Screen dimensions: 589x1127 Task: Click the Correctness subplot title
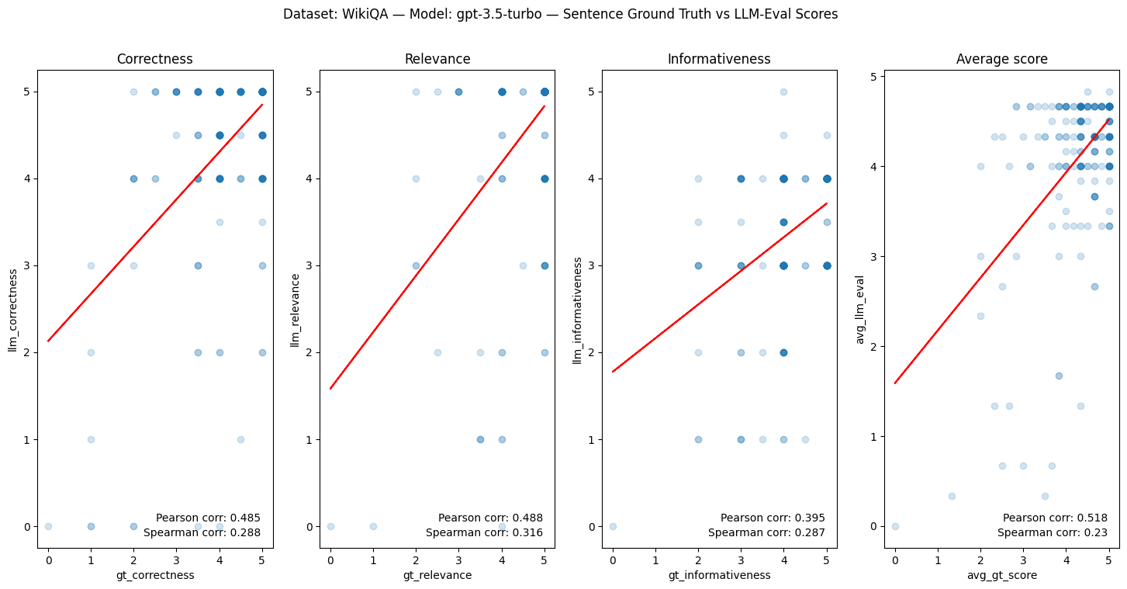(x=154, y=59)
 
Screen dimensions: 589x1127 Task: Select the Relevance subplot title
(x=437, y=59)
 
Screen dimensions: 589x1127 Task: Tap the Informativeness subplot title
(x=719, y=59)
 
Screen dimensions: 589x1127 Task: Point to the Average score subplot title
(x=1001, y=59)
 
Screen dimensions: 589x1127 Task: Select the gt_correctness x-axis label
(x=154, y=575)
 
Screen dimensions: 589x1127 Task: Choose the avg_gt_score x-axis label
(x=1001, y=575)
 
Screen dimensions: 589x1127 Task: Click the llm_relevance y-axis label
(x=295, y=309)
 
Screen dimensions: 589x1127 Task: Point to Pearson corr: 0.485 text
(x=208, y=518)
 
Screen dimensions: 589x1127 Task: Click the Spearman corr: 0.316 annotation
(x=484, y=532)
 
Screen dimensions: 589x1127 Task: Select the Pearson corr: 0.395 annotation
(x=773, y=518)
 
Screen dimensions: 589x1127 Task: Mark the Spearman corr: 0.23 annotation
(x=1052, y=532)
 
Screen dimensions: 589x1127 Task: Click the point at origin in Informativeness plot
(x=613, y=526)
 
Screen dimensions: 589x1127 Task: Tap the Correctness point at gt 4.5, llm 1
(x=240, y=439)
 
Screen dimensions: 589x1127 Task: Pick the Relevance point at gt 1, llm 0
(x=373, y=526)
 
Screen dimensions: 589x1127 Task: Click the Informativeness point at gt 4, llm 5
(x=783, y=92)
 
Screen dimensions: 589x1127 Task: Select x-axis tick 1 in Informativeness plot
(x=655, y=558)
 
